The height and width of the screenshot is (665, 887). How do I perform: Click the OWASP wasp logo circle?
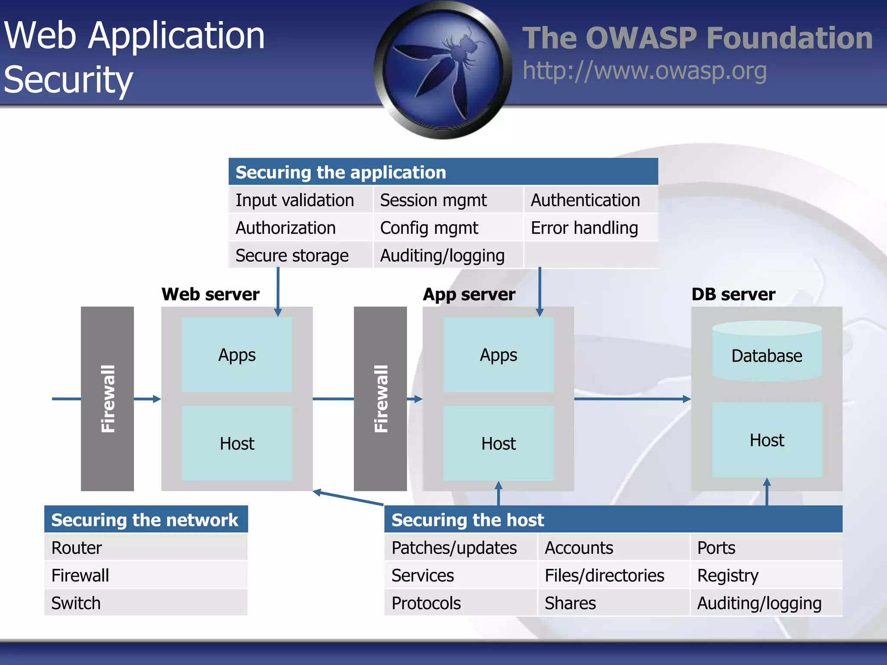click(x=443, y=69)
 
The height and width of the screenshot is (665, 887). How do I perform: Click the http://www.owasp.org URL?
click(x=644, y=71)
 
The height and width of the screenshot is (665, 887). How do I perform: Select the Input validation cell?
click(x=295, y=200)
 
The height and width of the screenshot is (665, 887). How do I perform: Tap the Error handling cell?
click(x=584, y=228)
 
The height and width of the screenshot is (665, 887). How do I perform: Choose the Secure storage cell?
click(x=292, y=255)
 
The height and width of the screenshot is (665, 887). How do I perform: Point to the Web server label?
click(x=210, y=294)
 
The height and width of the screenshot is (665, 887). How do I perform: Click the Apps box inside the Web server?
click(x=237, y=355)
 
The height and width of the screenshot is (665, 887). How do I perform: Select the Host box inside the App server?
click(x=498, y=443)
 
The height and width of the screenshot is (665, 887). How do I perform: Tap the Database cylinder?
click(x=767, y=353)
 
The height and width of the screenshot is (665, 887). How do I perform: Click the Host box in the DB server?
click(x=767, y=440)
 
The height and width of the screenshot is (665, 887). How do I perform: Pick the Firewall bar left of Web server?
click(x=107, y=399)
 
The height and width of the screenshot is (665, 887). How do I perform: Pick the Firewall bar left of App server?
click(x=380, y=399)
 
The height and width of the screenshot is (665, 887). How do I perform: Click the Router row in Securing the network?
click(x=146, y=548)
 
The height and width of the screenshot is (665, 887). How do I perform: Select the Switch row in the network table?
click(x=146, y=603)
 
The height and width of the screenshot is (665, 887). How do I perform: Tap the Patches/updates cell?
click(x=454, y=548)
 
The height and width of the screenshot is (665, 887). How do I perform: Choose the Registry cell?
click(x=728, y=575)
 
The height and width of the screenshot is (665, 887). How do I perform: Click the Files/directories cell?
click(x=604, y=575)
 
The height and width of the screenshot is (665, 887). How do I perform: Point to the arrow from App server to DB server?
click(x=632, y=399)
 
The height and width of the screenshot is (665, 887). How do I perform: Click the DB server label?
click(x=733, y=294)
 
